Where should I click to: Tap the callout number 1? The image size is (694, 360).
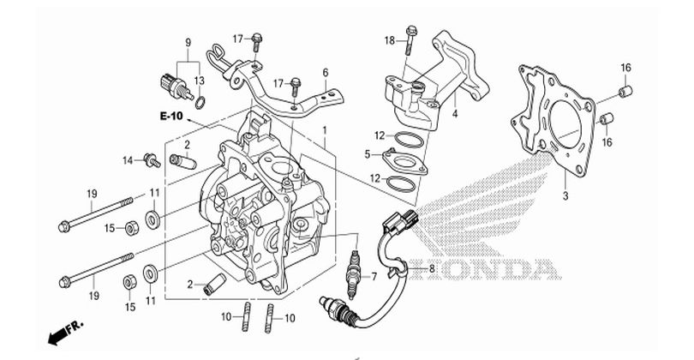[x=326, y=129]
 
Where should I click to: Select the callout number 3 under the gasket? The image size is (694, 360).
[x=565, y=197]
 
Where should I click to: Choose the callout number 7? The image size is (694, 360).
[x=373, y=276]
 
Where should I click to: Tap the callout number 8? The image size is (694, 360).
[x=432, y=269]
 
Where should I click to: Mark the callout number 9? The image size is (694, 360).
[x=188, y=42]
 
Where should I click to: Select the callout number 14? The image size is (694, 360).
[x=127, y=159]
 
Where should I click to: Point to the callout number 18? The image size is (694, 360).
[x=389, y=40]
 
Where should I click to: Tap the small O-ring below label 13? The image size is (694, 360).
[x=200, y=104]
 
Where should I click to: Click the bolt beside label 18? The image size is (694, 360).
[x=411, y=39]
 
